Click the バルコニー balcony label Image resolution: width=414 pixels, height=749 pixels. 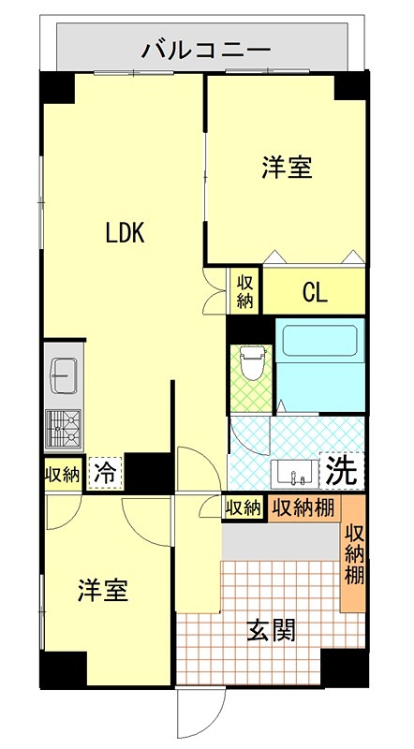coord(206,48)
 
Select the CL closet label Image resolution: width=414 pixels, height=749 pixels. coord(315,292)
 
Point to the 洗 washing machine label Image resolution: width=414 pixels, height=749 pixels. coord(343,471)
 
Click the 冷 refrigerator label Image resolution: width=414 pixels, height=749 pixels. coord(106,472)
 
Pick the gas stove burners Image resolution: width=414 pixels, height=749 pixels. coord(63,430)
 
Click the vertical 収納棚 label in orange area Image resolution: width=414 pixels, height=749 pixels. coord(353,557)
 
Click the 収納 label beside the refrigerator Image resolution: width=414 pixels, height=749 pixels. coord(63,473)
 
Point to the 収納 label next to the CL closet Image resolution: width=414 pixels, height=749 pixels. coord(245,291)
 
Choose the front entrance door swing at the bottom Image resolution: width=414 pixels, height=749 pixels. coord(200,716)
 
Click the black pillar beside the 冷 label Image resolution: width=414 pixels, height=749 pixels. coord(145,472)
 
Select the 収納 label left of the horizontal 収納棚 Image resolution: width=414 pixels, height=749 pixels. coord(243,508)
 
